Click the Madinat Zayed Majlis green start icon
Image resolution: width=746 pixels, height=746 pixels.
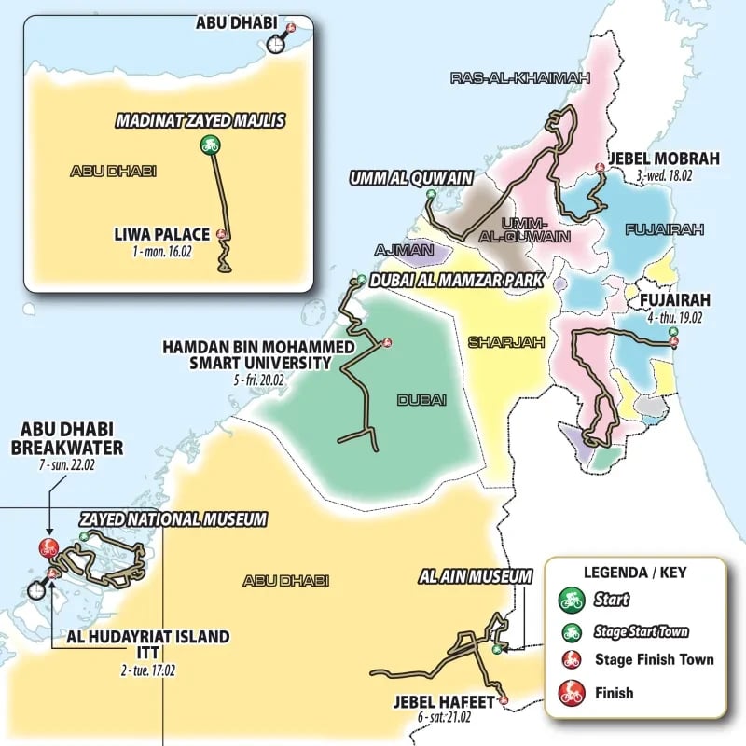pyautogui.click(x=210, y=145)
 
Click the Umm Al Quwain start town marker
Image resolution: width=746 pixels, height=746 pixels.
pyautogui.click(x=431, y=194)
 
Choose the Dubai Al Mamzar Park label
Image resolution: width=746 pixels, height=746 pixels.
pyautogui.click(x=444, y=279)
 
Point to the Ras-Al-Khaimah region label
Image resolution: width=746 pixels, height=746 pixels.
pyautogui.click(x=520, y=79)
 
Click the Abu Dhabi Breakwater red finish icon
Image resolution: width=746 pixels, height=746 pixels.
pyautogui.click(x=45, y=547)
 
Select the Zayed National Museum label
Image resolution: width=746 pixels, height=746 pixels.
pyautogui.click(x=174, y=518)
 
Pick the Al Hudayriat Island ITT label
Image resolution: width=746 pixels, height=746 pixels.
pyautogui.click(x=147, y=644)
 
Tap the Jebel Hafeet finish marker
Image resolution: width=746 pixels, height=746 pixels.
pyautogui.click(x=504, y=699)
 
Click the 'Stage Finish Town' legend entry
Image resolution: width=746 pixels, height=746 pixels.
pyautogui.click(x=654, y=660)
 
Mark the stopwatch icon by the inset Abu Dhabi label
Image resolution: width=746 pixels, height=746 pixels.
pyautogui.click(x=276, y=43)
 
